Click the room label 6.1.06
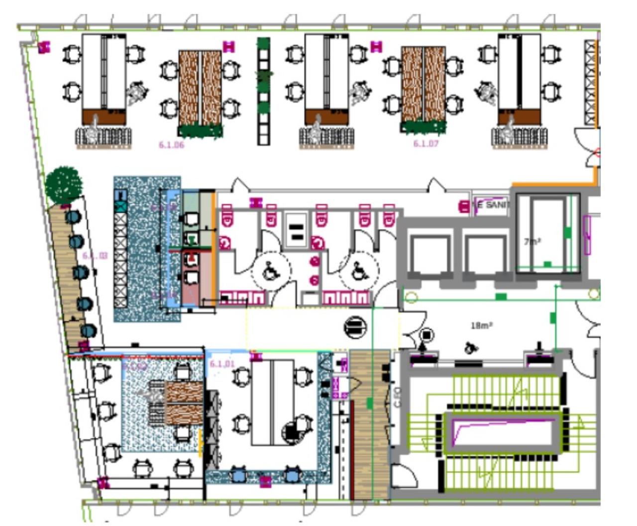click(171, 145)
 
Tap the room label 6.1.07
click(425, 144)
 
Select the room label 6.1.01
click(221, 364)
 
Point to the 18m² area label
click(481, 325)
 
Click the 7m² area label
click(532, 241)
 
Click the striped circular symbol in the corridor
click(355, 327)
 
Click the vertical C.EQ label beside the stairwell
click(397, 399)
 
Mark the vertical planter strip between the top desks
click(264, 92)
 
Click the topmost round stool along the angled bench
click(73, 216)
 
